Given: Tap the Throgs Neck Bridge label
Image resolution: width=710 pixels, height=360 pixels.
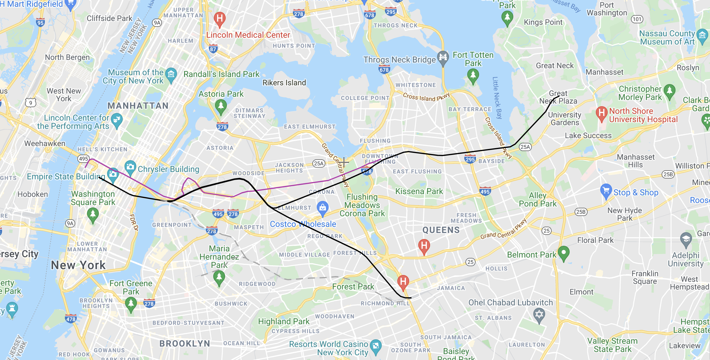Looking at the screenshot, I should (x=399, y=60).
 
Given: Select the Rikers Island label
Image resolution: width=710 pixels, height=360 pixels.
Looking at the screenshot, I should (x=284, y=83).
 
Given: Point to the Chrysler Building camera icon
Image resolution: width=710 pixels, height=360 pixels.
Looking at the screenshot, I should (x=130, y=167).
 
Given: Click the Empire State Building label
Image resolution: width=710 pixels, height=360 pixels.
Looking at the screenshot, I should (x=66, y=176).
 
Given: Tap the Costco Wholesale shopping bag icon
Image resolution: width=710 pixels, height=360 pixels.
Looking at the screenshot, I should (x=323, y=207).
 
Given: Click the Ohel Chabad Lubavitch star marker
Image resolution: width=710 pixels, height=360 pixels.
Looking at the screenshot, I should (x=539, y=314).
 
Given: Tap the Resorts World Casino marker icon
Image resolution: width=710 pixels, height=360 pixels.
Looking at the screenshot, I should (x=376, y=346).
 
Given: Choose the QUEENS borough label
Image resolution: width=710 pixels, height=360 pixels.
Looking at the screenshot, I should (x=441, y=230).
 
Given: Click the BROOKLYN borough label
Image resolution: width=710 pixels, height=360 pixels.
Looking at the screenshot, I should (x=185, y=343).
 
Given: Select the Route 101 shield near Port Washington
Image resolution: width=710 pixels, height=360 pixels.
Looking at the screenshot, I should (x=637, y=19).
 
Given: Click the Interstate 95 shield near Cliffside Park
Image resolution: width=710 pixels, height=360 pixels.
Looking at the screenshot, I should (x=40, y=22).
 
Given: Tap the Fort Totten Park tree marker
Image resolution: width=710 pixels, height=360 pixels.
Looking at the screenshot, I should (x=473, y=75).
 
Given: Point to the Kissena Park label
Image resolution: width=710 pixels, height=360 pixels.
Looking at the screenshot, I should (x=419, y=192).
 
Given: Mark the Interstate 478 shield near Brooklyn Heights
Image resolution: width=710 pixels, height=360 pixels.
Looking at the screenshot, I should (x=71, y=319).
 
